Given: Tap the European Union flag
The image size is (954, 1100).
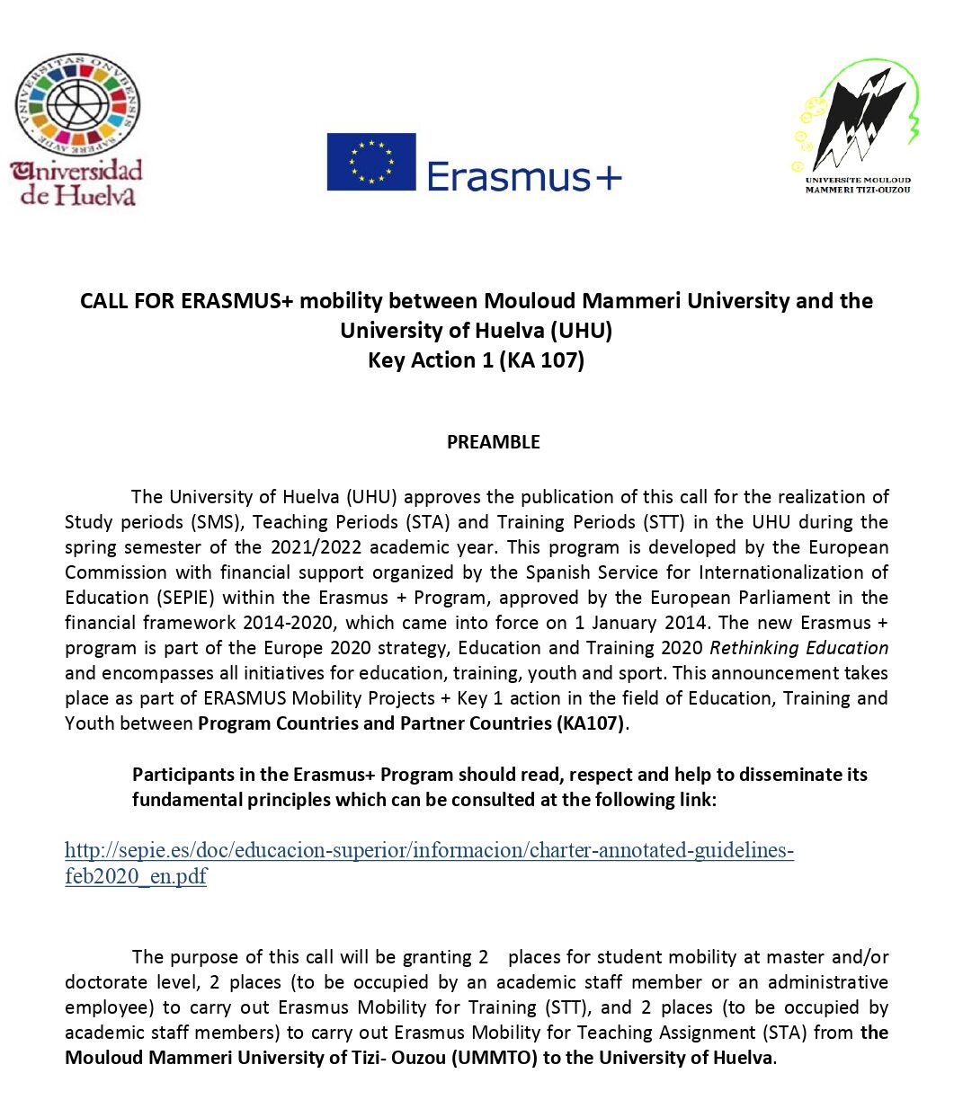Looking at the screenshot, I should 371,162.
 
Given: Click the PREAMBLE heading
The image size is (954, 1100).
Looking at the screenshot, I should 494,442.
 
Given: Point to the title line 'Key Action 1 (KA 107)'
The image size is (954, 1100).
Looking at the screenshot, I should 476,360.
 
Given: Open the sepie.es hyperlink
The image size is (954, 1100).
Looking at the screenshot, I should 429,850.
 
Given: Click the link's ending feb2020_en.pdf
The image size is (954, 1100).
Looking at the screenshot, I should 136,876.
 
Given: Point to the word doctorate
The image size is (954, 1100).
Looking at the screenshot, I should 103,982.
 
